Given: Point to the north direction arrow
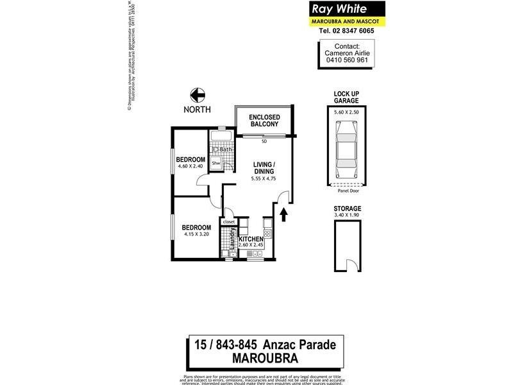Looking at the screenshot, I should (196, 94).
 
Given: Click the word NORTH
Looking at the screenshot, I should (196, 110).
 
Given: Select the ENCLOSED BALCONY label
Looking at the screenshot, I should (264, 120).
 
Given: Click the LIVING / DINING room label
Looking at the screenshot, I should (264, 167).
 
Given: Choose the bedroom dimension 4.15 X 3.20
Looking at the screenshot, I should (196, 235).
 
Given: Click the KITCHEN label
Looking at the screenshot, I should (251, 239).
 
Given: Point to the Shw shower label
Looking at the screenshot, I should (216, 164).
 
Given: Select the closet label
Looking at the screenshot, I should (229, 221).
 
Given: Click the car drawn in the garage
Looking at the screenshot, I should (346, 150).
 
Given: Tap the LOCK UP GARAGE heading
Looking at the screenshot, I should (346, 97).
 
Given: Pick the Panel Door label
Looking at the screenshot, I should (346, 191).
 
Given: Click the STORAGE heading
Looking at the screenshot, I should (347, 209).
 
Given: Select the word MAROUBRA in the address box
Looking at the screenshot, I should (264, 357).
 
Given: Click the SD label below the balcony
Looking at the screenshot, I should (264, 141).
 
